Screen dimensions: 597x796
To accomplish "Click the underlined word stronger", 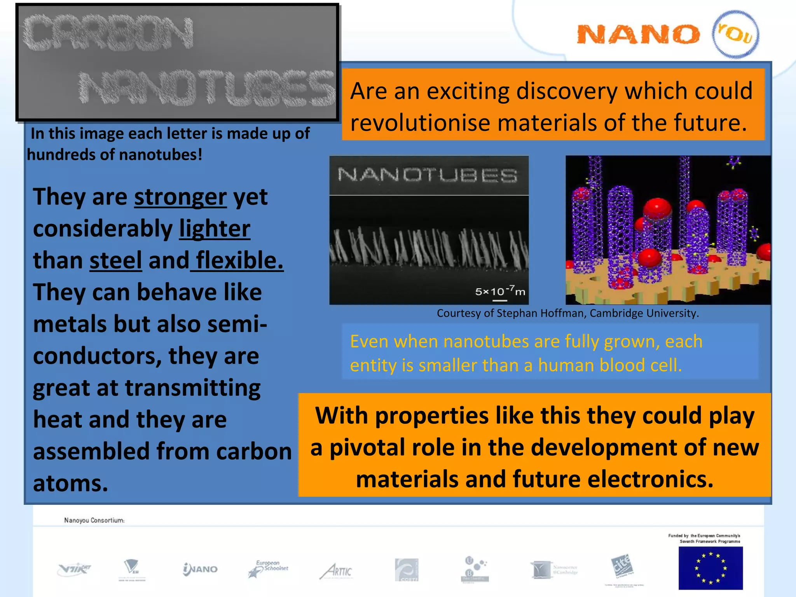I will click(180, 197).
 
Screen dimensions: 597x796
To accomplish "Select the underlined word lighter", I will click(215, 229).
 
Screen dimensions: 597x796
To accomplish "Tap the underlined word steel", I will click(115, 260).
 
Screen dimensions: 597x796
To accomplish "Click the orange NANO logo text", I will click(638, 35).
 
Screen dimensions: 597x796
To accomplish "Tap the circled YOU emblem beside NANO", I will click(735, 34).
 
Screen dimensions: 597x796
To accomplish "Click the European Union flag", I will click(710, 567).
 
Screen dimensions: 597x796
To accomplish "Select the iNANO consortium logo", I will click(200, 569).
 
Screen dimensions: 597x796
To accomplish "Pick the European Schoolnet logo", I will click(268, 569).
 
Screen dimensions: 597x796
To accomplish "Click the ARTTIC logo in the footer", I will click(337, 571).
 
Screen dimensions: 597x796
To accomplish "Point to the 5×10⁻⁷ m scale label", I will click(500, 292).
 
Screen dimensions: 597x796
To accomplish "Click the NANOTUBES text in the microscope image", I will click(428, 175).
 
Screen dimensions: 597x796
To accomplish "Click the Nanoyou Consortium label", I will click(94, 520).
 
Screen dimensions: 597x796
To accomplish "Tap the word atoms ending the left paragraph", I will click(70, 484).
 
